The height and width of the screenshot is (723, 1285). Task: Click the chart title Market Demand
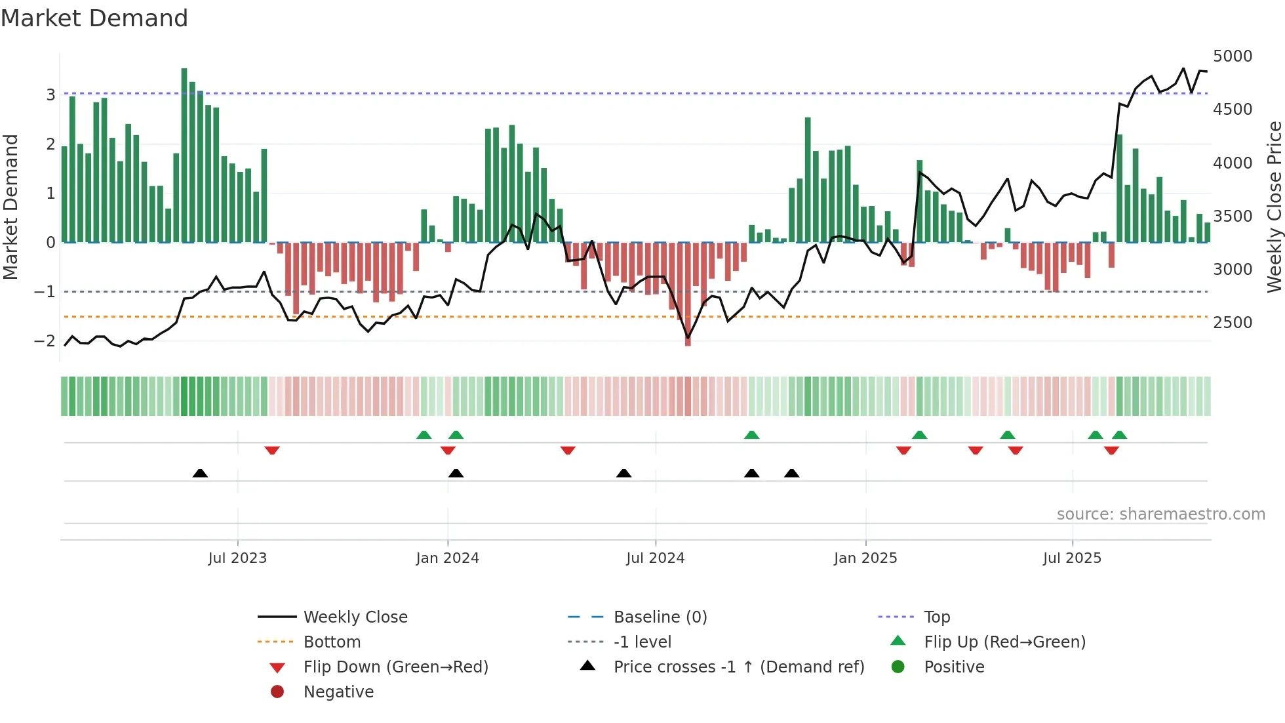coord(94,18)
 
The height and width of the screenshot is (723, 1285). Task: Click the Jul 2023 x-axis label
coord(237,558)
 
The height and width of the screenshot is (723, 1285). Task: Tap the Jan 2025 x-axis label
coord(865,558)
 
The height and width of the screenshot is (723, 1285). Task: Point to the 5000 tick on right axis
coord(1232,56)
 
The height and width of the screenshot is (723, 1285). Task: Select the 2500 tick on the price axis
coord(1232,322)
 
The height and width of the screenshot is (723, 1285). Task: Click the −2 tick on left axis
coord(45,341)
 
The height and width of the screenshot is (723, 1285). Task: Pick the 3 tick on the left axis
coord(50,94)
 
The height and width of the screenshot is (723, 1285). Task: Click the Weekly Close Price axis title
coord(1274,207)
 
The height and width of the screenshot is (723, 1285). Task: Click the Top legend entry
coord(936,617)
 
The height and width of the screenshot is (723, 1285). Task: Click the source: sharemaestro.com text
coord(1160,514)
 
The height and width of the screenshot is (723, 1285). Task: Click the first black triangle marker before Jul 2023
coord(200,473)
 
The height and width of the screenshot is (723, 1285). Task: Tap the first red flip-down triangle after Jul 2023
coord(272,450)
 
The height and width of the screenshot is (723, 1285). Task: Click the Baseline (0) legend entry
coord(660,617)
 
